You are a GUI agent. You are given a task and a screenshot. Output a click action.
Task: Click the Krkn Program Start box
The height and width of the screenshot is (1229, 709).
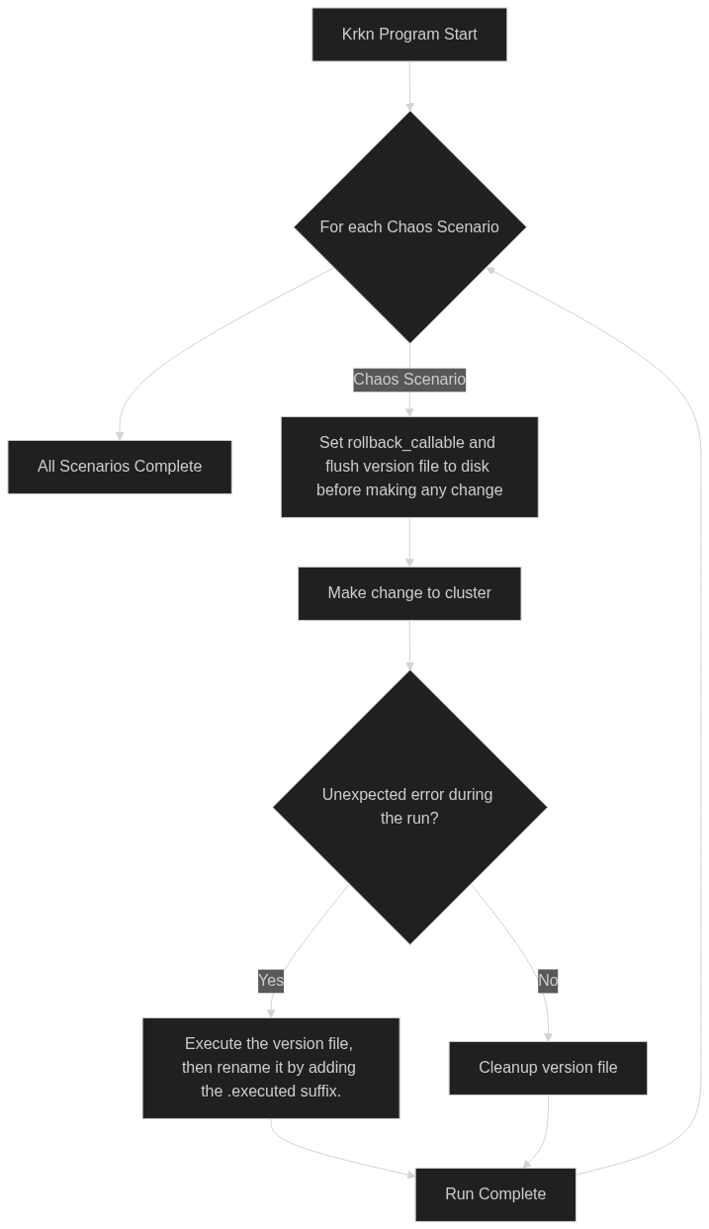coord(409,35)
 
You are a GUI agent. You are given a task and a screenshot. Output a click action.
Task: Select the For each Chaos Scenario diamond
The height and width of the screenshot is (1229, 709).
coord(409,227)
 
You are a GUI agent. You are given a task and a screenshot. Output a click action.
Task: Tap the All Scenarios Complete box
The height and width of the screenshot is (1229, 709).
coord(120,467)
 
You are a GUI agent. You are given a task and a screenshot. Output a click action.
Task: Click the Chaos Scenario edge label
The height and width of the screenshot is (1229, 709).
coord(409,380)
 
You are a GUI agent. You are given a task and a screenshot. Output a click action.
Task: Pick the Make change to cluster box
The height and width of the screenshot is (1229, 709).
coord(409,593)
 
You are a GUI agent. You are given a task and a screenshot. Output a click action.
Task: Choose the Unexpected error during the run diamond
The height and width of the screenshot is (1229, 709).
coord(409,807)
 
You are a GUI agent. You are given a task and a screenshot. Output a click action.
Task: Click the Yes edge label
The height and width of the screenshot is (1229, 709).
coord(271,981)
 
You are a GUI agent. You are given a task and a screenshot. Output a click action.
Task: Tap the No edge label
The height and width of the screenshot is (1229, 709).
coord(548,981)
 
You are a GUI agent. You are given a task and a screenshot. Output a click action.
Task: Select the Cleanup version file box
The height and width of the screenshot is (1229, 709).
coord(548,1068)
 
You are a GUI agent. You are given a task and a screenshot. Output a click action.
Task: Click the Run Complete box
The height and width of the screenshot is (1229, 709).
coord(494,1194)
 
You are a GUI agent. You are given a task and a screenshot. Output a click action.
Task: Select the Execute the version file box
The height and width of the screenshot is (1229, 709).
coord(271,1068)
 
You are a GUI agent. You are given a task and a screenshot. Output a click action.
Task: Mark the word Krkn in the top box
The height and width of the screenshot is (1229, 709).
coord(359,35)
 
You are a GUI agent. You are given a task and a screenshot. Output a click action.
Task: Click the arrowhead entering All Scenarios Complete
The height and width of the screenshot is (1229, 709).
coord(120,435)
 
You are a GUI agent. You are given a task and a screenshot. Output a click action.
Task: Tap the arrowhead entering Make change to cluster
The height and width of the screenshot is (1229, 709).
coord(409,562)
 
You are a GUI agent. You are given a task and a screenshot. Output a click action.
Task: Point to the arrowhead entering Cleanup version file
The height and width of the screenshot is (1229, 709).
coord(548,1036)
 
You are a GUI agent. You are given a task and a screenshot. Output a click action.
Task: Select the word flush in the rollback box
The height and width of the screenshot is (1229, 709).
coord(343,467)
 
